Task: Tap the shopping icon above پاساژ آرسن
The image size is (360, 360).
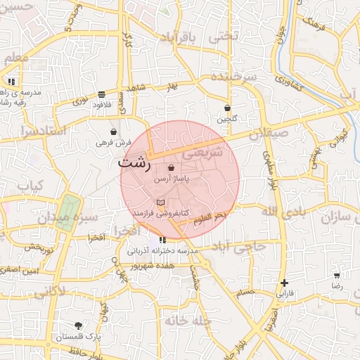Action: tap(172, 168)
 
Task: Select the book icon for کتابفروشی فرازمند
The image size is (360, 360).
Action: tap(160, 202)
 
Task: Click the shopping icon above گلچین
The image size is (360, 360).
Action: tap(227, 108)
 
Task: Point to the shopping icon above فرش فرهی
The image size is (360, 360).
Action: tap(114, 131)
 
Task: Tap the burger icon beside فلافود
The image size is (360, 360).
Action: tap(102, 94)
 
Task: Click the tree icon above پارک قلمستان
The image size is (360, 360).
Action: tap(78, 326)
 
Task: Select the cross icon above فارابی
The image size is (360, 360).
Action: tap(283, 283)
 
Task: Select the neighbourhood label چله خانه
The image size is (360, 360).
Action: tap(188, 321)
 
